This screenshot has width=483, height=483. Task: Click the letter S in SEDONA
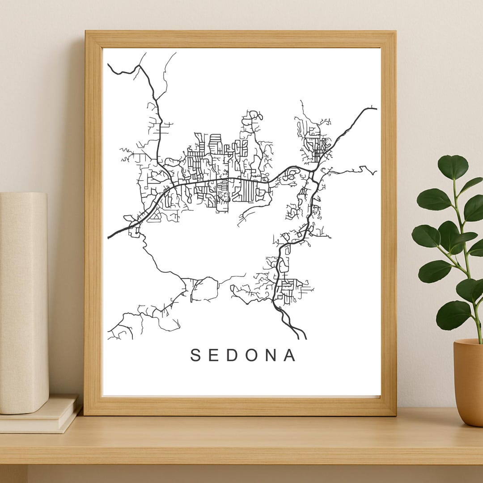pyautogui.click(x=195, y=356)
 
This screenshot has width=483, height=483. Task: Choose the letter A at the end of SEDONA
pyautogui.click(x=290, y=356)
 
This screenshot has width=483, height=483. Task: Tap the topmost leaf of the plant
pyautogui.click(x=453, y=166)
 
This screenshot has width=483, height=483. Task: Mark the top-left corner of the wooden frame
pyautogui.click(x=85, y=31)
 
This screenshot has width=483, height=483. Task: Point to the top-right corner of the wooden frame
pyautogui.click(x=395, y=31)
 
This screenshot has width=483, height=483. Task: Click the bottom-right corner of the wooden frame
pyautogui.click(x=396, y=415)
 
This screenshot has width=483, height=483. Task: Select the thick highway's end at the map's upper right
pyautogui.click(x=375, y=108)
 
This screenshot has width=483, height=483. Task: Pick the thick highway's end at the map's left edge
pyautogui.click(x=109, y=237)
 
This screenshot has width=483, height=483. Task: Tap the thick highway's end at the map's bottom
pyautogui.click(x=305, y=339)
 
